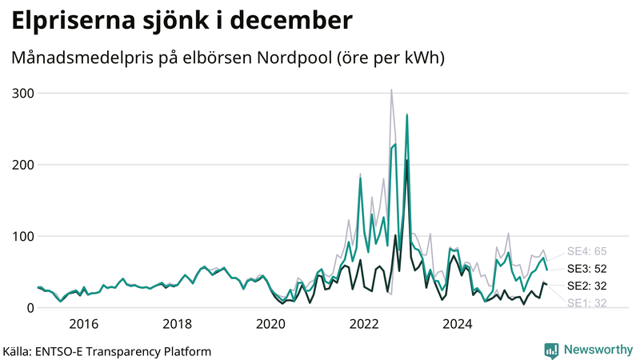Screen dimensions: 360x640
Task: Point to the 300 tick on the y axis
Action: click(23, 94)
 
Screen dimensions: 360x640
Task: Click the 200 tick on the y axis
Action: click(23, 165)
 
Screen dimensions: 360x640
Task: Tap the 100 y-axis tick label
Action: click(23, 237)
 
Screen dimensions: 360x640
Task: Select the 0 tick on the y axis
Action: click(30, 308)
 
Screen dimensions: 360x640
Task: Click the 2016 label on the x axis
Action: click(83, 324)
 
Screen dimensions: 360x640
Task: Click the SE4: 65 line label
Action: click(586, 251)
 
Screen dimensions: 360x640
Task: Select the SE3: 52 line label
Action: click(586, 269)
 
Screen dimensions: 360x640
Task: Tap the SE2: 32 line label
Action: click(586, 286)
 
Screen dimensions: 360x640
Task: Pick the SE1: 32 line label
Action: click(586, 302)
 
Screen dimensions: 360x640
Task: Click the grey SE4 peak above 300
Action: click(391, 90)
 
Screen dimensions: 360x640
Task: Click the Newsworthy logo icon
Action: click(551, 350)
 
